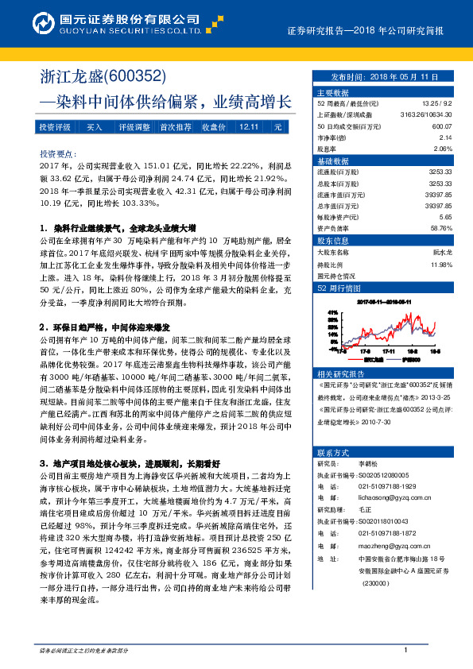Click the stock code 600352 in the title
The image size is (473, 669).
coord(135,78)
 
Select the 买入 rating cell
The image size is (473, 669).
coord(95,127)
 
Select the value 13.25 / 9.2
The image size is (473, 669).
coord(437,104)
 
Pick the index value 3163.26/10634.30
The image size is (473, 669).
coord(427,115)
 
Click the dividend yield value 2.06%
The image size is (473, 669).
coord(443,149)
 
